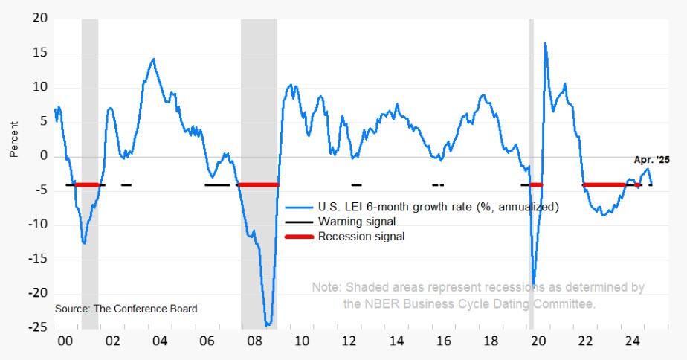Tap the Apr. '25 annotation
653,159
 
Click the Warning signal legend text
356,222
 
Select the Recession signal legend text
361,237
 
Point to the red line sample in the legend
299,237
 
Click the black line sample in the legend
299,222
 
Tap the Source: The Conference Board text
126,308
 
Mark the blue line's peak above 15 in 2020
545,43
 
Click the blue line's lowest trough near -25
268,324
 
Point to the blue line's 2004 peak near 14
153,59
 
